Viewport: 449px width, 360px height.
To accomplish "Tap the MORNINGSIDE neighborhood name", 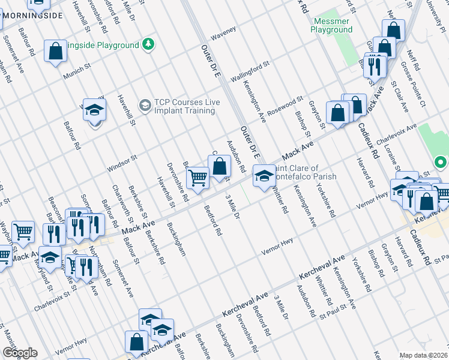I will coord(31,14).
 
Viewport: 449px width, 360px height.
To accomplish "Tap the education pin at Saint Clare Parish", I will coord(263,176).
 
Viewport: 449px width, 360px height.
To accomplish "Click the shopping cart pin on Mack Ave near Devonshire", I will coord(197,177).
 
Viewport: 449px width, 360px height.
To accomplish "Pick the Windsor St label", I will coord(122,163).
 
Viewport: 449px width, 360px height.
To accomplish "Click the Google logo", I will coord(19,353).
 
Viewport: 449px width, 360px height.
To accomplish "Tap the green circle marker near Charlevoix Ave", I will coord(440,163).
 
